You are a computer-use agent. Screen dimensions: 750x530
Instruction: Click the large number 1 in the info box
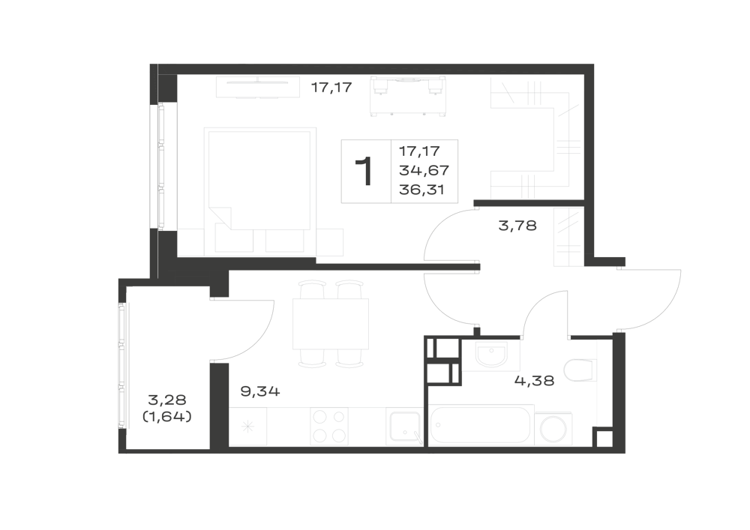364,172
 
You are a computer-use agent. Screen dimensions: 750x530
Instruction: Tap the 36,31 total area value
421,190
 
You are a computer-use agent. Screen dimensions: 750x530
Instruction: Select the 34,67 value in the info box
424,170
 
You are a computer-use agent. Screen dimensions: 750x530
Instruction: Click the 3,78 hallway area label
517,225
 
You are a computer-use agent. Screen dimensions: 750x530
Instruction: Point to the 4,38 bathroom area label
534,381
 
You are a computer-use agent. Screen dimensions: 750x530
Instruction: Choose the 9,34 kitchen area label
260,392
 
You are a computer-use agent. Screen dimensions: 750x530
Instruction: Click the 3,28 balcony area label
167,399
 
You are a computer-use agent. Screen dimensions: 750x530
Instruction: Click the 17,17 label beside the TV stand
331,88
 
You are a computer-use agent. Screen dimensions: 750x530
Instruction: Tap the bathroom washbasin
491,355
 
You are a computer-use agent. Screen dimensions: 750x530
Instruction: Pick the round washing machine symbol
553,430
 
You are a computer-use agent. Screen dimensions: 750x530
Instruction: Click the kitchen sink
404,427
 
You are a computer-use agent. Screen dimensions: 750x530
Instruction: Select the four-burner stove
329,427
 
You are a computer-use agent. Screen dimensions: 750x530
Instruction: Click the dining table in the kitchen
331,324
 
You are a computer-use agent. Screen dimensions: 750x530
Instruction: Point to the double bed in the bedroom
259,190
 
